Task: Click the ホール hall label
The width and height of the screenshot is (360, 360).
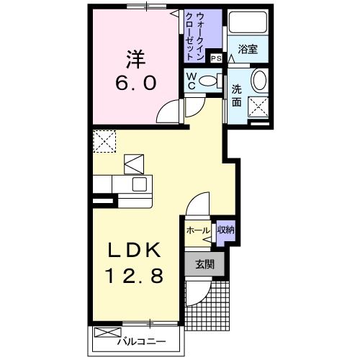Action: [x=197, y=230]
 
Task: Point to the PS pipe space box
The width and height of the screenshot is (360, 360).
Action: [x=215, y=60]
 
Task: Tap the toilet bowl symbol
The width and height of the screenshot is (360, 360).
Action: [x=209, y=81]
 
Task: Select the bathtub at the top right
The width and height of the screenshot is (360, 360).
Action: [x=248, y=24]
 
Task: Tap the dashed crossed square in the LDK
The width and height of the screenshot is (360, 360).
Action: [x=104, y=140]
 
